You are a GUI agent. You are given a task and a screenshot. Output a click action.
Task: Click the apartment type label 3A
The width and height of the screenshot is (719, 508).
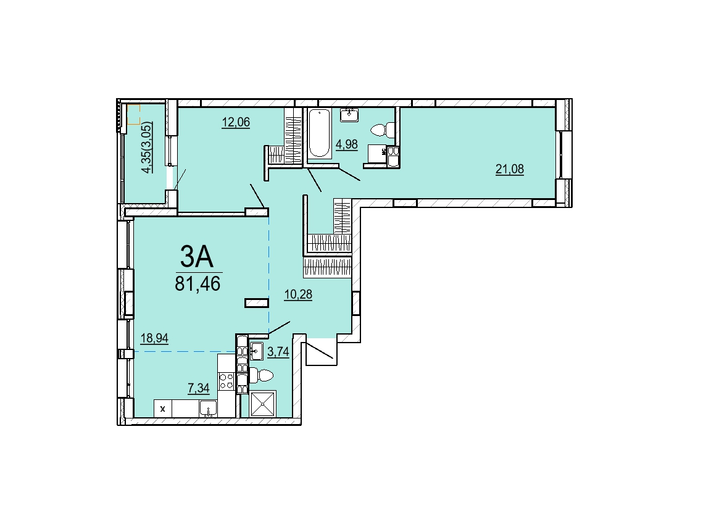click(197, 256)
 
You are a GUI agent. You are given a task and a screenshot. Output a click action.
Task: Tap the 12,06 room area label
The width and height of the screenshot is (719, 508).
click(236, 122)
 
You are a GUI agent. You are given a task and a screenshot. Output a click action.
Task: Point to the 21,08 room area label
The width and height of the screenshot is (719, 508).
click(509, 169)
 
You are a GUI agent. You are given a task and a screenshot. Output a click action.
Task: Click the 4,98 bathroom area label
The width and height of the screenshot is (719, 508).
click(347, 145)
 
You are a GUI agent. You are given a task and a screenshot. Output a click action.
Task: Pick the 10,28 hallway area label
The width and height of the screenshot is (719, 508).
click(298, 294)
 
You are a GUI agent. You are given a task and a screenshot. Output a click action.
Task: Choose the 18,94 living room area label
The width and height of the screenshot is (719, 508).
click(154, 338)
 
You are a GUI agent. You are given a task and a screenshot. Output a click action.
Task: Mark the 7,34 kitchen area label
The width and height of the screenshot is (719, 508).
click(199, 388)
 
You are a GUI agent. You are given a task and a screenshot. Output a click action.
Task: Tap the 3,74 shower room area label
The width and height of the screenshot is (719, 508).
click(278, 352)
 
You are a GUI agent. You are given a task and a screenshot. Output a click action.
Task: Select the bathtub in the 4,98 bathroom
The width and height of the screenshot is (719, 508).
click(318, 133)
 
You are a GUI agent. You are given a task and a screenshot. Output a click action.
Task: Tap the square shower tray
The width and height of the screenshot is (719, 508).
click(263, 404)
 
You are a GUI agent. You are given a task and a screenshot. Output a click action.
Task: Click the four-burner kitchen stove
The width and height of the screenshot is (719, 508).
click(226, 381)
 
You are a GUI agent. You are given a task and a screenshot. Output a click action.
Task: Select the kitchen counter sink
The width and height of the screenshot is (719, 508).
click(208, 408)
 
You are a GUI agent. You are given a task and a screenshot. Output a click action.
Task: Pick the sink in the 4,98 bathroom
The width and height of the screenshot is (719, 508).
click(350, 114)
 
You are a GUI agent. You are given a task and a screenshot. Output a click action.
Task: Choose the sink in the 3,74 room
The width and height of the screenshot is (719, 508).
click(256, 352)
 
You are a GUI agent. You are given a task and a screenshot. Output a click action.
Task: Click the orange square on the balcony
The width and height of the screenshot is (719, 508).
click(133, 115)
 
